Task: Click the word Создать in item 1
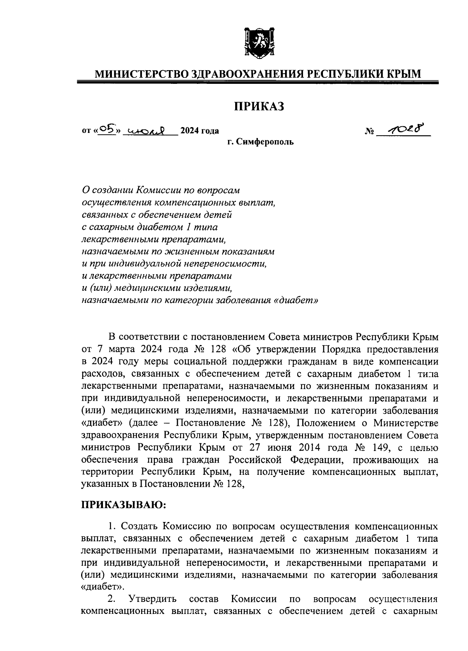pyautogui.click(x=140, y=527)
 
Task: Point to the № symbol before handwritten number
pyautogui.click(x=369, y=132)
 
